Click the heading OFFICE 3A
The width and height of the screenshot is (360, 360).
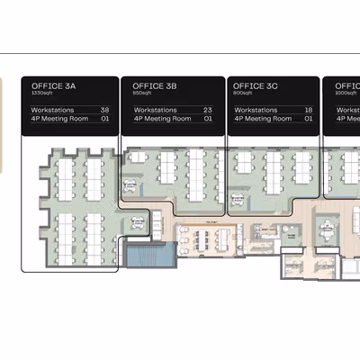pyautogui.click(x=54, y=85)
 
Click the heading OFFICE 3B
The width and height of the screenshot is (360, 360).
pyautogui.click(x=155, y=85)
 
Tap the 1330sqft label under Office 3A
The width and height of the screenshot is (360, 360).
pyautogui.click(x=42, y=94)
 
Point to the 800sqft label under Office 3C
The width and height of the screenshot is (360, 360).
pyautogui.click(x=243, y=94)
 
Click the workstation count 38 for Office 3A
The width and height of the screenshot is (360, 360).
pyautogui.click(x=104, y=110)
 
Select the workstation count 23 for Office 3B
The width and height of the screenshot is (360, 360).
pyautogui.click(x=207, y=110)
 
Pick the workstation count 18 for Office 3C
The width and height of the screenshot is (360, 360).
pyautogui.click(x=308, y=110)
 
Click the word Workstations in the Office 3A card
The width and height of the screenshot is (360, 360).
pyautogui.click(x=51, y=110)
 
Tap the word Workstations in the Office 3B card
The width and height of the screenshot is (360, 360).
pyautogui.click(x=153, y=110)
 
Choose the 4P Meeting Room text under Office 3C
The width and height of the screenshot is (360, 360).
pyautogui.click(x=260, y=118)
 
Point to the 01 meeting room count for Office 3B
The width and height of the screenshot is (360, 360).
pyautogui.click(x=208, y=118)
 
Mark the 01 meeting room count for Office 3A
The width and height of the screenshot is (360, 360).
pyautogui.click(x=104, y=118)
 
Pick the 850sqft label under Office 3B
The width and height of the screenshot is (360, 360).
pyautogui.click(x=143, y=94)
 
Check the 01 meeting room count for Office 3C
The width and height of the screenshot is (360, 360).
pyautogui.click(x=308, y=118)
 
